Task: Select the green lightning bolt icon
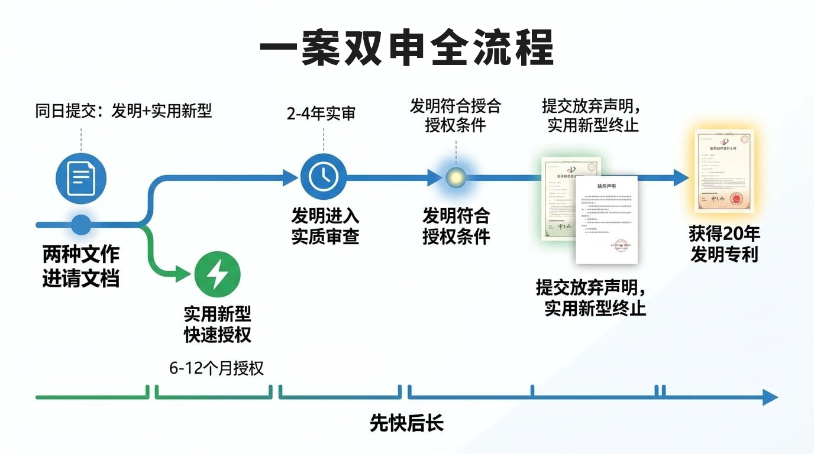coord(218,275)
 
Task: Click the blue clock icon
coord(324,176)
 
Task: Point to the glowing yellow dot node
coord(456,177)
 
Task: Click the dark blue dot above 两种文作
coord(81,225)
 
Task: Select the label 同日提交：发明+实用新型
coord(124,111)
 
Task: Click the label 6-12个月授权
coord(217,368)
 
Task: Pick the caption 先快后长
coord(406,423)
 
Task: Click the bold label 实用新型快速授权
coord(218,324)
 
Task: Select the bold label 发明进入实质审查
coord(325,226)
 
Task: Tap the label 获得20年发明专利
coord(724,244)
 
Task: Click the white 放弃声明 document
coord(607,219)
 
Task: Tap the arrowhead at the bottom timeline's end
coord(770,397)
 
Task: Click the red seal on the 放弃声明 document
coord(621,245)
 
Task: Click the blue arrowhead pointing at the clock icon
coord(290,177)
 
